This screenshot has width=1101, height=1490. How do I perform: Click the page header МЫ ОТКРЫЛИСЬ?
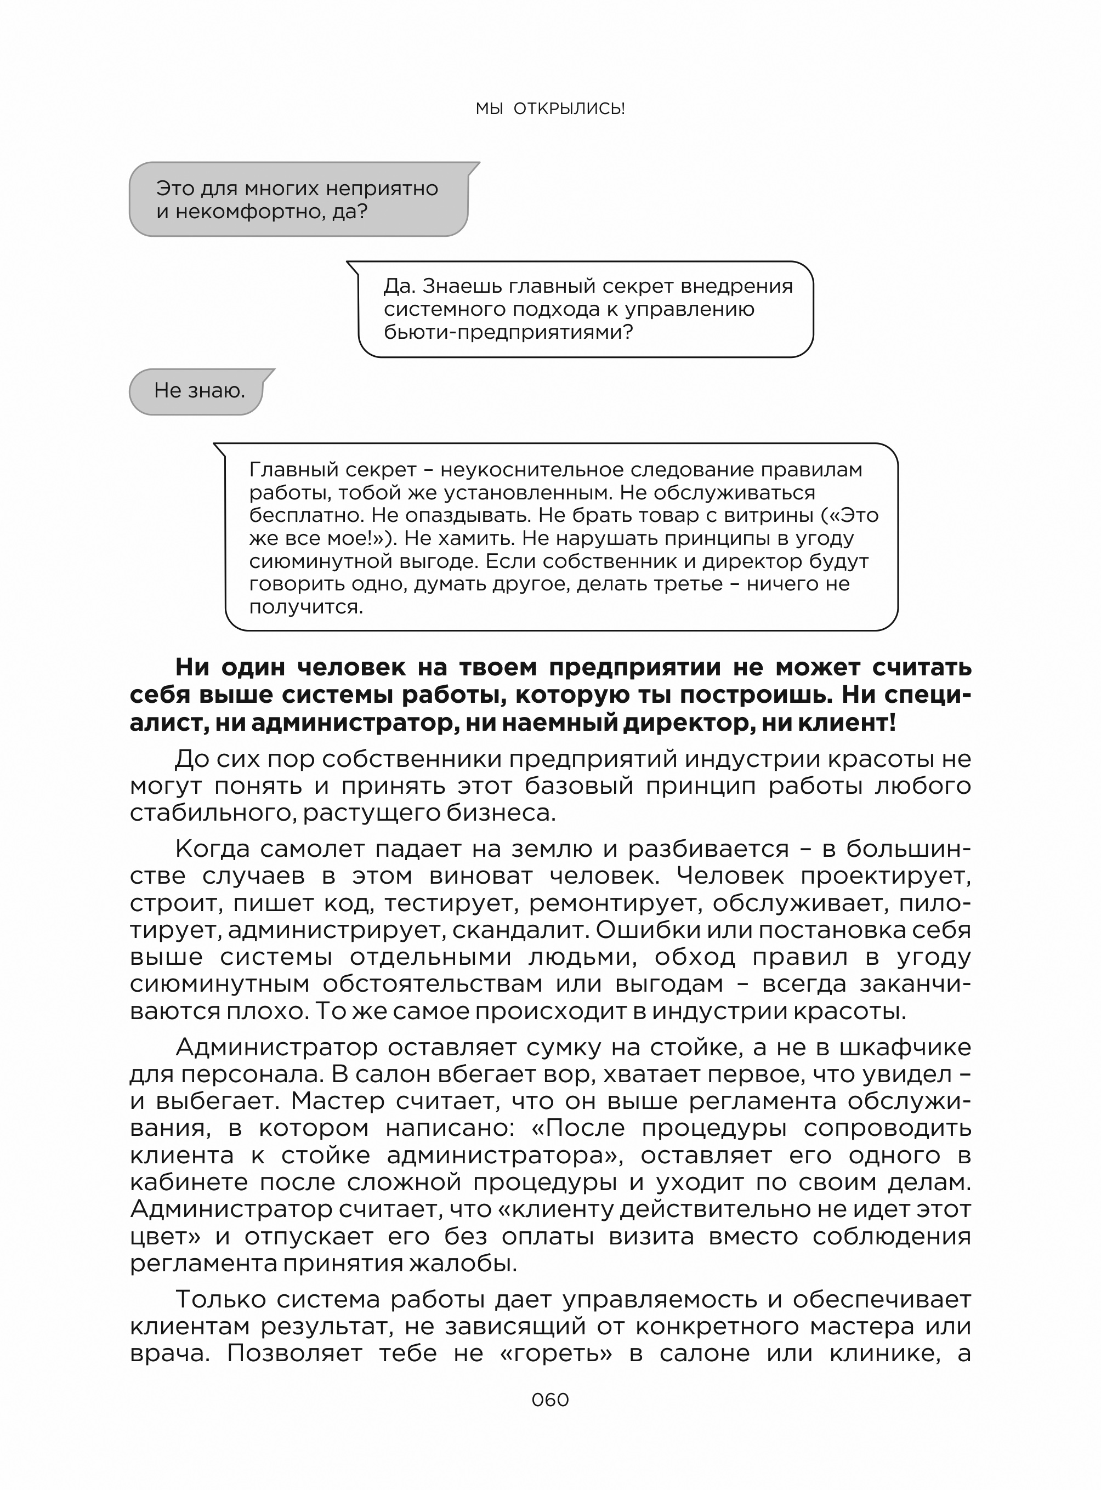click(x=550, y=109)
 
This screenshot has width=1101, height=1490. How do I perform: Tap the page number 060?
click(x=550, y=1400)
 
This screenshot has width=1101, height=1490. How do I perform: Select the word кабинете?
click(x=188, y=1182)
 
